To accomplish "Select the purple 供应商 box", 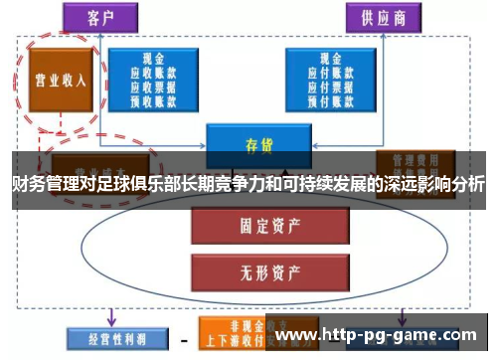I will [x=377, y=17].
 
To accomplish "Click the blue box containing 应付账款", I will [x=330, y=79].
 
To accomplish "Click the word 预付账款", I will [x=330, y=99].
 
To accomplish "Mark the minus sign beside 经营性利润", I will [x=182, y=339].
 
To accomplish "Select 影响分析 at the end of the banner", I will [x=455, y=185].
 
